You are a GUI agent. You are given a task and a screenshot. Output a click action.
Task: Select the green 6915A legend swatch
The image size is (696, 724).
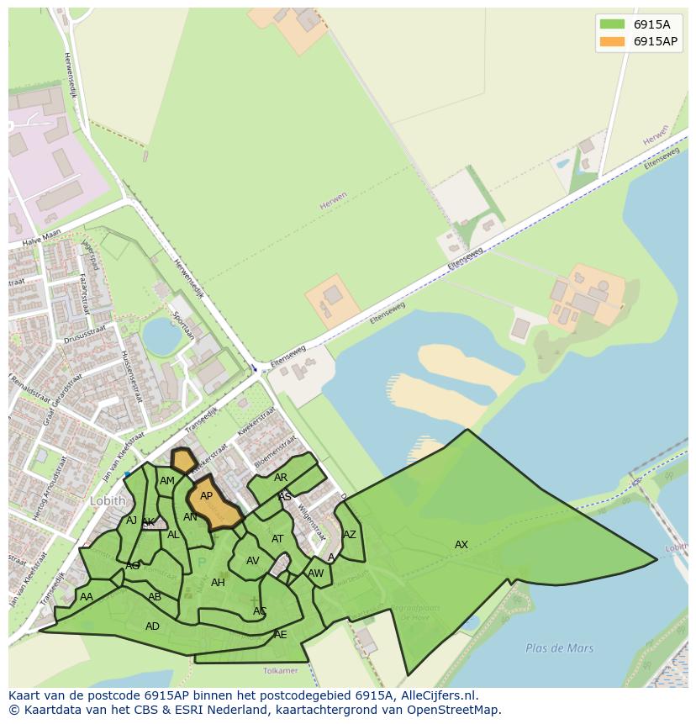[612, 24]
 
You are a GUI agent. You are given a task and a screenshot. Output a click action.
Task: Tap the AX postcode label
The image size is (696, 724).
[461, 545]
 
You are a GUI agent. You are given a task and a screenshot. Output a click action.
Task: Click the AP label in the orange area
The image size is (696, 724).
[206, 496]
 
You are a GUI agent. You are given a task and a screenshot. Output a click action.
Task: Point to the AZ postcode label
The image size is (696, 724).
[350, 535]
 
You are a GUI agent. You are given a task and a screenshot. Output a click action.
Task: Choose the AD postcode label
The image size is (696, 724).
[152, 626]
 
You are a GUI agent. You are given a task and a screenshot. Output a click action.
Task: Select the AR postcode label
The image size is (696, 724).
[281, 478]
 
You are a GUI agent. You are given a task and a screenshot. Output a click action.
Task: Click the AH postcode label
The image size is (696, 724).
[218, 583]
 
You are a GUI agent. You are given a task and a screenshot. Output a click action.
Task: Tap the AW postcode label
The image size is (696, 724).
[315, 573]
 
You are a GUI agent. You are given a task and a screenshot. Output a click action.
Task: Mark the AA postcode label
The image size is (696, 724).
[86, 597]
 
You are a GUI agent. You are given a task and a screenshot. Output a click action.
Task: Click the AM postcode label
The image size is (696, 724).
[167, 481]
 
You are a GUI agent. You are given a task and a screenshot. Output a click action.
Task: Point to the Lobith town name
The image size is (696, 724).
[108, 501]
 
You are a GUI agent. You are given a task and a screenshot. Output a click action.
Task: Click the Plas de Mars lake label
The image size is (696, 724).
[559, 648]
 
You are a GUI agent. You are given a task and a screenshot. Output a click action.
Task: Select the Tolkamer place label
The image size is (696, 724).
[280, 671]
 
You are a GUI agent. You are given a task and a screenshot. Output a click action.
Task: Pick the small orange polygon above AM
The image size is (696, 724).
[182, 460]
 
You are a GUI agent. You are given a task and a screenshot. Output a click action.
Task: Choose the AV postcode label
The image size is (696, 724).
[252, 561]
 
